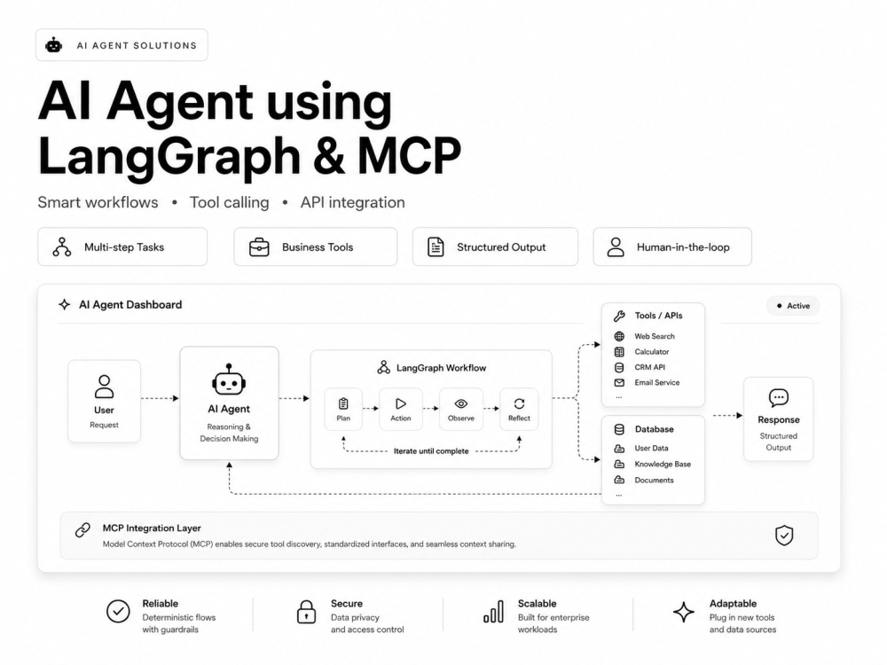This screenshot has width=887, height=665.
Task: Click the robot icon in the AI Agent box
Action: (229, 379)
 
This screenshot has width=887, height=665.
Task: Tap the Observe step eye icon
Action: (461, 403)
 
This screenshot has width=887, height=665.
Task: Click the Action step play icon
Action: (401, 403)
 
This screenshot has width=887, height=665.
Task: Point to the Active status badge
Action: (793, 306)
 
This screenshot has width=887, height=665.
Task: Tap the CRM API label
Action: (650, 367)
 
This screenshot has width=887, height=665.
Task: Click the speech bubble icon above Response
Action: (779, 397)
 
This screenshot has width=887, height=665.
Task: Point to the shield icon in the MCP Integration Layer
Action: (784, 536)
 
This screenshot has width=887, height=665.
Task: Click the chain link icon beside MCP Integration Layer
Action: (82, 530)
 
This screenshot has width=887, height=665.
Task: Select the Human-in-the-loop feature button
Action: (672, 247)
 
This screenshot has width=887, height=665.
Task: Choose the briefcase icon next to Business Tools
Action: (259, 247)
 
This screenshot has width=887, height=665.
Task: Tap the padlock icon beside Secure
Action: (306, 612)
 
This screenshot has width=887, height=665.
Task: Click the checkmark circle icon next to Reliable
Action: (118, 611)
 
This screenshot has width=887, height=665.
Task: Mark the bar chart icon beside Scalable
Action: (493, 612)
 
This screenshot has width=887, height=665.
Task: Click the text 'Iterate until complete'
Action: (431, 451)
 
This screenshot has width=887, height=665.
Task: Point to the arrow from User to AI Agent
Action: (160, 399)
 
